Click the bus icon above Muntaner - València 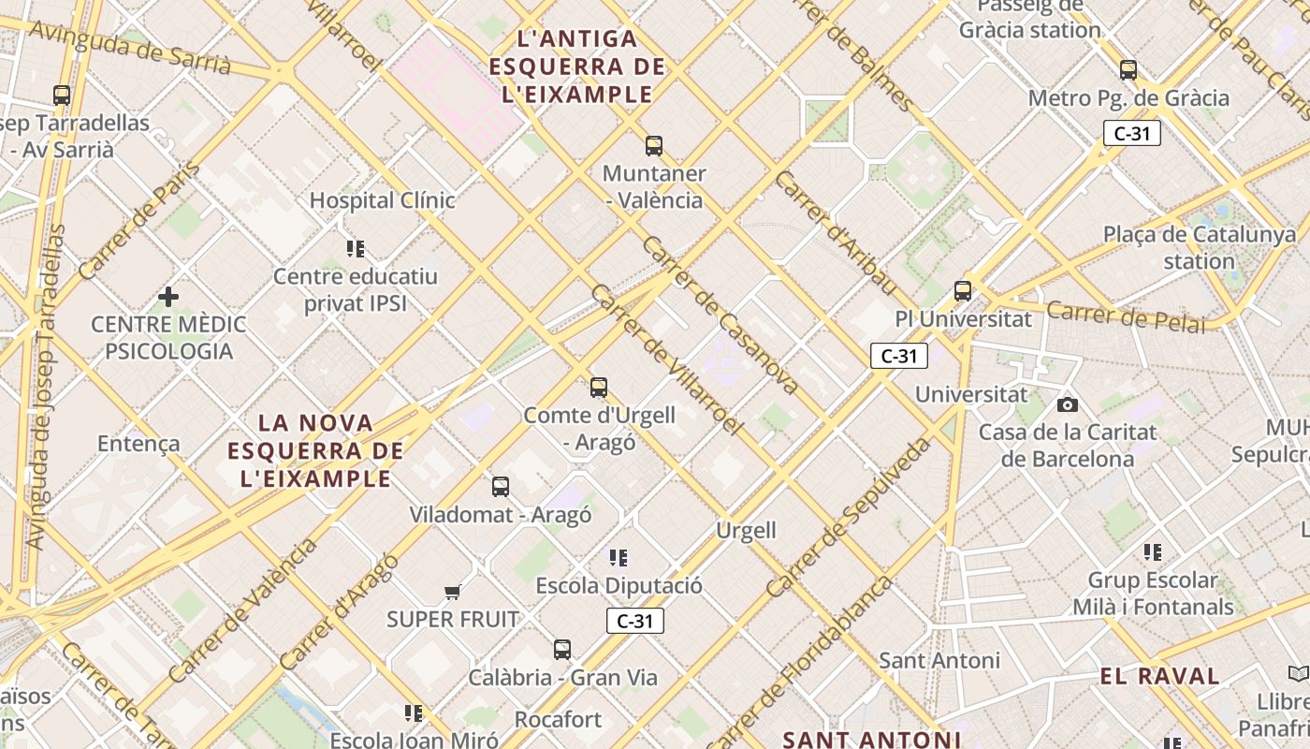click(x=654, y=146)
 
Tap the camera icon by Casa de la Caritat click(x=1067, y=404)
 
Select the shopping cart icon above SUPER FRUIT click(x=453, y=592)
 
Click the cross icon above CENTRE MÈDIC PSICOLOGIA click(x=168, y=298)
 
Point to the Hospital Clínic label click(x=382, y=200)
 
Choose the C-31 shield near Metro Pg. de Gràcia click(x=1131, y=133)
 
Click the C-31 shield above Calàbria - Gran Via click(x=635, y=621)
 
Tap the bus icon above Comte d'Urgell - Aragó click(x=599, y=388)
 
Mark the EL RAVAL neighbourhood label click(x=1159, y=676)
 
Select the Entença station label click(x=138, y=444)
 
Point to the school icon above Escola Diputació click(x=619, y=558)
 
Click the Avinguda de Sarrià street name click(x=130, y=47)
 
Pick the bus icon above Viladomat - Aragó click(x=501, y=487)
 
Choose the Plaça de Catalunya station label click(x=1200, y=247)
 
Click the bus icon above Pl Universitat click(x=963, y=291)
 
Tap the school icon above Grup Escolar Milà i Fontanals click(x=1153, y=552)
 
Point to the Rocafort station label click(x=559, y=719)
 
